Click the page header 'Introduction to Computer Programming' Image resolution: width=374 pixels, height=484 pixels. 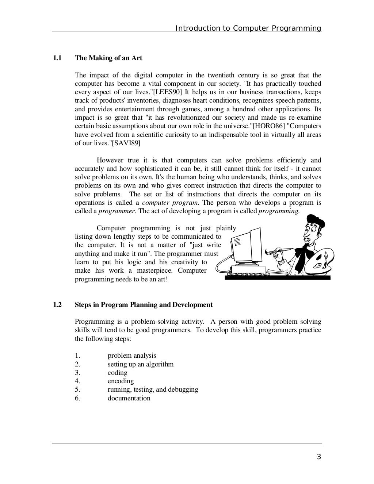(x=248, y=28)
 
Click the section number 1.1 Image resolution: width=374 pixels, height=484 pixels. (x=57, y=58)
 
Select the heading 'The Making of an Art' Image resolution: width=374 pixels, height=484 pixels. (x=108, y=58)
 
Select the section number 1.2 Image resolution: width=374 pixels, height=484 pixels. (x=57, y=305)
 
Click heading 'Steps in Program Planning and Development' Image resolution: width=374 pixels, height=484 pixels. (x=144, y=305)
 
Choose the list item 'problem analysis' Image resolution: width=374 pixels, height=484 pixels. (x=132, y=356)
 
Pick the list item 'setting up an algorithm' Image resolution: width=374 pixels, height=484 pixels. (x=141, y=364)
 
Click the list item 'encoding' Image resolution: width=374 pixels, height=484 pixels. (x=121, y=381)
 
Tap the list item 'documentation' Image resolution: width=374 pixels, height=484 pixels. (x=129, y=398)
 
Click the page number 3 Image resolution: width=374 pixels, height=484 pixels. (x=319, y=457)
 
